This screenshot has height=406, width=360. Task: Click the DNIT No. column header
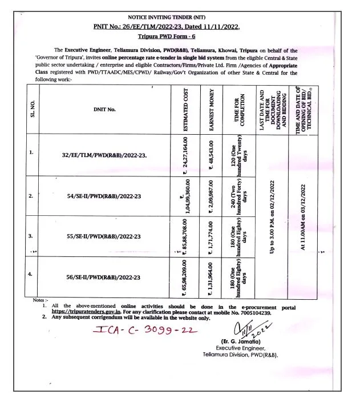(x=104, y=108)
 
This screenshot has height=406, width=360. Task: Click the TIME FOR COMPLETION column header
(x=238, y=109)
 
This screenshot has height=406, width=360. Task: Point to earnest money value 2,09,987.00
(x=212, y=196)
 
